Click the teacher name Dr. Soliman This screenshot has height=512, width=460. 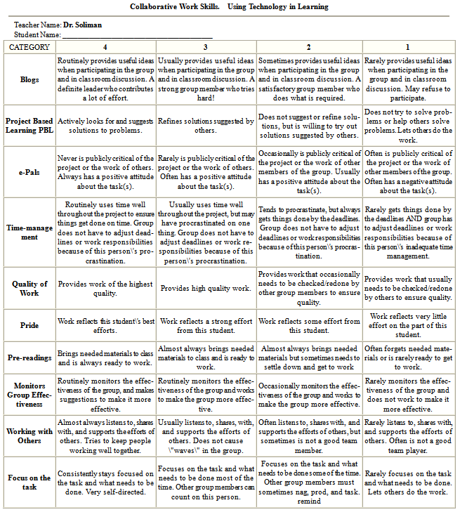click(x=82, y=25)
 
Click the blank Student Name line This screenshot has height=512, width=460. click(x=137, y=34)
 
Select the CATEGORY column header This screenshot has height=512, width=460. click(x=29, y=47)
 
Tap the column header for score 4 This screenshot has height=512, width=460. click(x=105, y=47)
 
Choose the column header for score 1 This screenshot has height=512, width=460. click(x=407, y=47)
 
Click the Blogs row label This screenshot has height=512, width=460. click(x=29, y=80)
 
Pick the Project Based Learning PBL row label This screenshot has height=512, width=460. click(x=29, y=125)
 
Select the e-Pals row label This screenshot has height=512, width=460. click(x=29, y=172)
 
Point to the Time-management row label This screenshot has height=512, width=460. click(x=29, y=232)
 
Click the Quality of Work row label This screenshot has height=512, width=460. click(x=29, y=288)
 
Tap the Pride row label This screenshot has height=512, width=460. click(x=29, y=325)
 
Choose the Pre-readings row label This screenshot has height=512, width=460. click(x=29, y=357)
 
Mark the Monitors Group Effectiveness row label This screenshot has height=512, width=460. click(x=29, y=394)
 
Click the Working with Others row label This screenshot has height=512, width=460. click(x=29, y=435)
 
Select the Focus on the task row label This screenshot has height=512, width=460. click(x=29, y=482)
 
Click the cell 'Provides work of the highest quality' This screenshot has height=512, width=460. click(x=105, y=288)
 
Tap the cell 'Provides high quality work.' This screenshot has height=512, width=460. click(x=206, y=288)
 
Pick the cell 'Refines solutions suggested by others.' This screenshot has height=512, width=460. click(x=206, y=125)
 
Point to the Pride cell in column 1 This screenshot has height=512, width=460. click(x=407, y=325)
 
